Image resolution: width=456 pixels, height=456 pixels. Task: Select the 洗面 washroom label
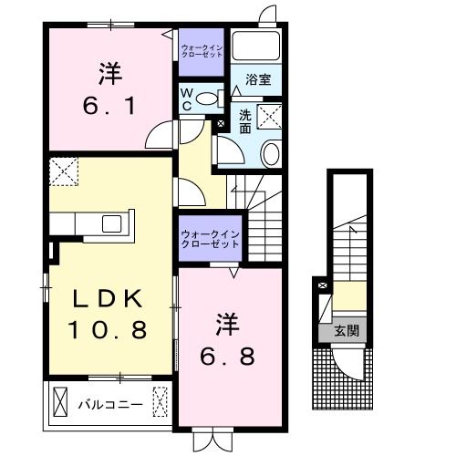(246, 121)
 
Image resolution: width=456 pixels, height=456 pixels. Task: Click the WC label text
(185, 98)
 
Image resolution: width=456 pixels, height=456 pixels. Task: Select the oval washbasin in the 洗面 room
(271, 153)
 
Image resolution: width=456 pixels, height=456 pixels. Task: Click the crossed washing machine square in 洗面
(270, 117)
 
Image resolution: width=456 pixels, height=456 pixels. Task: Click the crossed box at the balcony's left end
(59, 400)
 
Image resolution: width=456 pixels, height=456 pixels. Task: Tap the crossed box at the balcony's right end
(161, 400)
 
